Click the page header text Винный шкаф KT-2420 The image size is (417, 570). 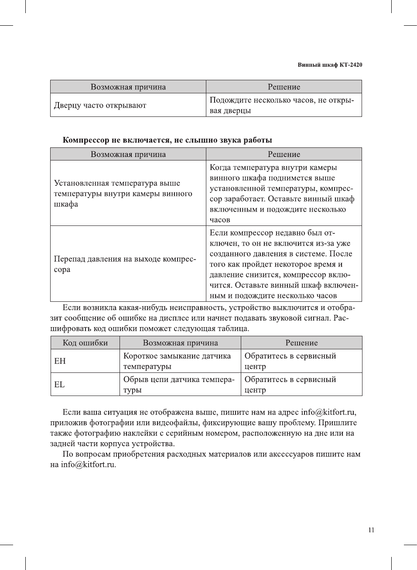point(330,65)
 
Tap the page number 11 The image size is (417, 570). point(371,530)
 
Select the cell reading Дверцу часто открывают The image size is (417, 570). point(100,106)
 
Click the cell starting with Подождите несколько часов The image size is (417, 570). point(282,105)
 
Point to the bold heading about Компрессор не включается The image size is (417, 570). point(167,140)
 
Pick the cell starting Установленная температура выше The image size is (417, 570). point(123,193)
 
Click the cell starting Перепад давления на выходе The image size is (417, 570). point(125,264)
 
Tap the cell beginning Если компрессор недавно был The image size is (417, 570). point(284,264)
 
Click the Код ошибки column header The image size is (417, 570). point(85,343)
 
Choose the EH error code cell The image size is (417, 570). point(60,361)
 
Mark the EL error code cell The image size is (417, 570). point(59,385)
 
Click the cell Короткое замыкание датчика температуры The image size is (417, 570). point(177,361)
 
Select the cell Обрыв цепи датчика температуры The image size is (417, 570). point(179,385)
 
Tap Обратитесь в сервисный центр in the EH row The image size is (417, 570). point(290,361)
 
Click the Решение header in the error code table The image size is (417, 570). point(301,343)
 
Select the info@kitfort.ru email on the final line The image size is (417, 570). point(88,464)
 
